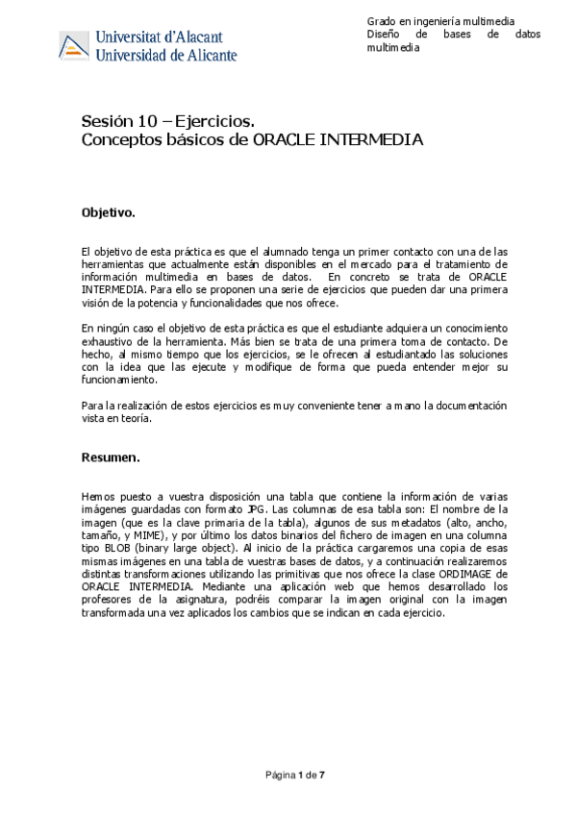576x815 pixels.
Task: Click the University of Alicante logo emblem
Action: (75, 44)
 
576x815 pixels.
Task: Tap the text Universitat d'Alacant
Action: (164, 37)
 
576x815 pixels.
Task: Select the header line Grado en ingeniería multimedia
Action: (440, 20)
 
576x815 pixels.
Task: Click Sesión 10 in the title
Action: (113, 121)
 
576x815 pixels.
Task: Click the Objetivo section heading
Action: (109, 210)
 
